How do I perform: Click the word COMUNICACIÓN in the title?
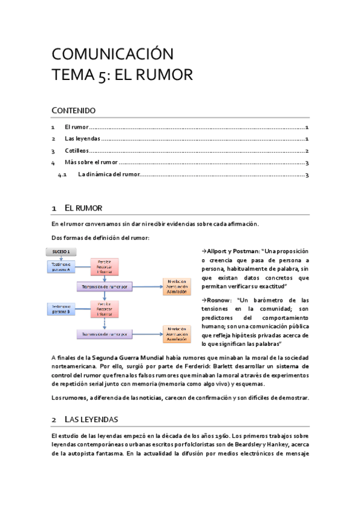click(x=112, y=54)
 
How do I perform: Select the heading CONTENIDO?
click(x=73, y=110)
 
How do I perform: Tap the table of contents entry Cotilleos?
click(x=76, y=151)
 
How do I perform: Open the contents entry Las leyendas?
click(x=82, y=139)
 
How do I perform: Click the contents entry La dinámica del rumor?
click(x=108, y=175)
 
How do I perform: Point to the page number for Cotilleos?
click(x=307, y=151)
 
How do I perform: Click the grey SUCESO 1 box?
click(x=60, y=251)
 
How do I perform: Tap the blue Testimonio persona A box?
click(x=60, y=267)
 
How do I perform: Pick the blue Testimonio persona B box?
click(x=60, y=309)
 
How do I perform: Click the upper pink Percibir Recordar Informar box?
click(x=105, y=267)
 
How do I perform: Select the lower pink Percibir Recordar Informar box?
click(x=105, y=309)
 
